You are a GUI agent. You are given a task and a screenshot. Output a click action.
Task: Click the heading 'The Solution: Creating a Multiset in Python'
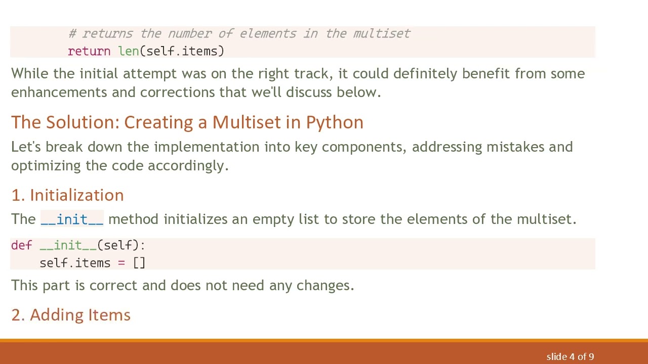point(187,122)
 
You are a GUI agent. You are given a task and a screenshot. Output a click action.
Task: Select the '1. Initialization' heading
point(67,195)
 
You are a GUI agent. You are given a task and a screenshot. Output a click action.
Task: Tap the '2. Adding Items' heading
point(71,315)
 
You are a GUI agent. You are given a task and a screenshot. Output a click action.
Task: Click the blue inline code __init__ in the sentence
point(72,219)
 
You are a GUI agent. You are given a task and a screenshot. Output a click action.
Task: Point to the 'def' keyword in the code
point(21,246)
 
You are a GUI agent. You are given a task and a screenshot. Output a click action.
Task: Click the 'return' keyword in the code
point(89,52)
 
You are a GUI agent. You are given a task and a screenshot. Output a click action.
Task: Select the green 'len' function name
point(129,52)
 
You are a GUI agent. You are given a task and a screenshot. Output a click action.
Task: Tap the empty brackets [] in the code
point(139,263)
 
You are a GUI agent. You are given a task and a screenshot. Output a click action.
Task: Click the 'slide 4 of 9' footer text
point(570,357)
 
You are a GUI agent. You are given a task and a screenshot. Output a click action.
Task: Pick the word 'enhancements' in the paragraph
point(59,92)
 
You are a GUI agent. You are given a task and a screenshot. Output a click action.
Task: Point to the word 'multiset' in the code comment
point(382,34)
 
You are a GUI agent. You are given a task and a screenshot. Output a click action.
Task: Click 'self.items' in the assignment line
point(75,263)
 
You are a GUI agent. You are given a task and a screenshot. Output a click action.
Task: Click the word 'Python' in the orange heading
point(335,122)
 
